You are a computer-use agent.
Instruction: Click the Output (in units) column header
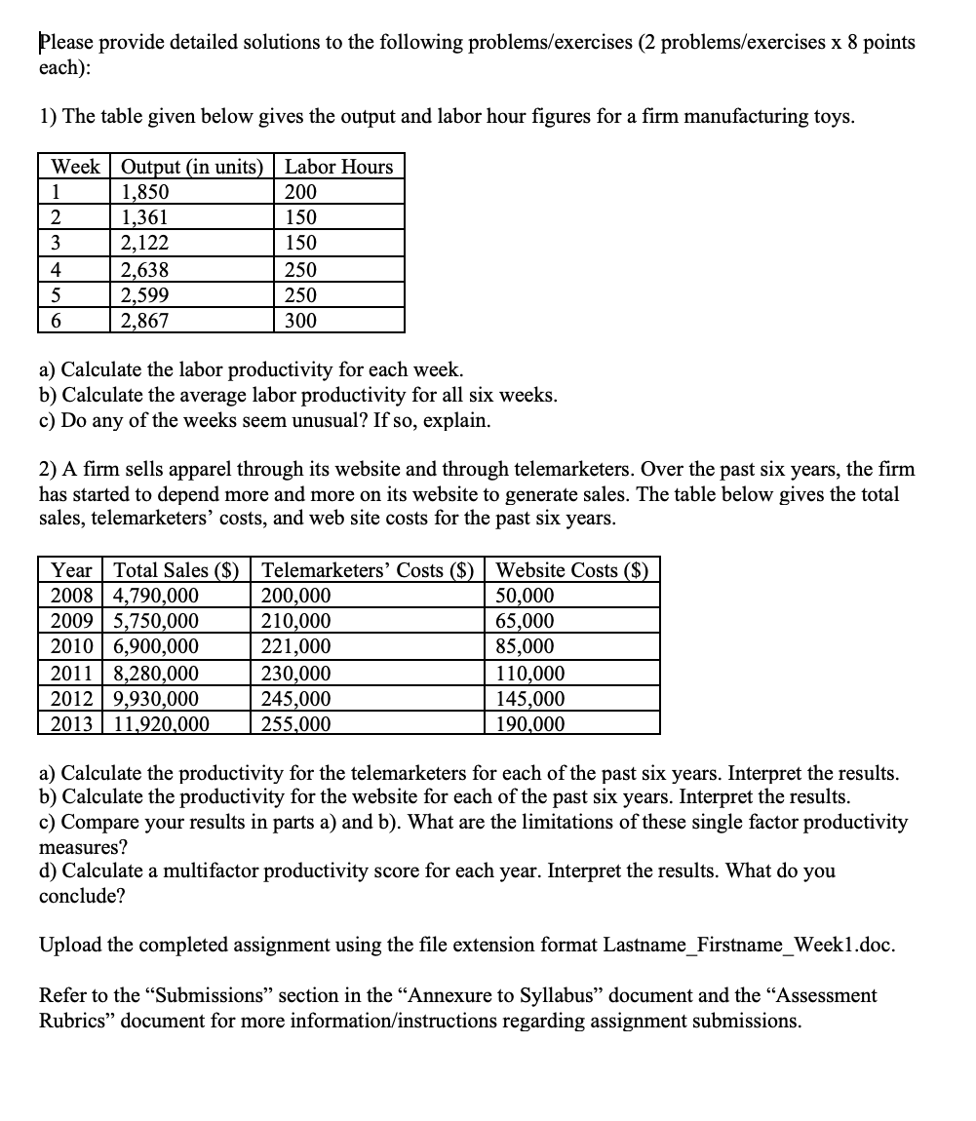192,167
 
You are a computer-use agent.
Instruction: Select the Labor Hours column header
338,167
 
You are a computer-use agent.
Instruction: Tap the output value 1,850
145,192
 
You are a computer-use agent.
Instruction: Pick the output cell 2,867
145,320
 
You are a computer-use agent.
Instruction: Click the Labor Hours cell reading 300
300,320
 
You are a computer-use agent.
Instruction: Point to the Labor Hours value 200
300,192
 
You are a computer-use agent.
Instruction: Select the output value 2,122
145,243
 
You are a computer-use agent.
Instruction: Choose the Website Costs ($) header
572,570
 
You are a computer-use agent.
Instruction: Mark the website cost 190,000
530,723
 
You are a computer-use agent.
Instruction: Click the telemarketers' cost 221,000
296,646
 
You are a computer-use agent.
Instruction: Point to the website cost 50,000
525,596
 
